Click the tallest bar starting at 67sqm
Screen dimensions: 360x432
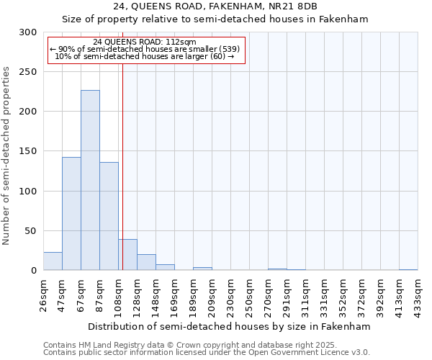coord(90,180)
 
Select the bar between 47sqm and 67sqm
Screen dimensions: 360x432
coord(71,213)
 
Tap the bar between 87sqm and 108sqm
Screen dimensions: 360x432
coord(109,216)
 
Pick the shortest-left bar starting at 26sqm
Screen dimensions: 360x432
coord(53,261)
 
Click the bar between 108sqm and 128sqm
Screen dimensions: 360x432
coord(127,255)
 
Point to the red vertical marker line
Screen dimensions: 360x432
coord(122,144)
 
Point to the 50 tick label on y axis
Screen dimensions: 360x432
coord(31,231)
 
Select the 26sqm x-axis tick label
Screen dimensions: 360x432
coord(44,292)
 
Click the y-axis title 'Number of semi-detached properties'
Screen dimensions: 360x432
coord(7,156)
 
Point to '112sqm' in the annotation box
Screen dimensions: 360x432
coord(181,42)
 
